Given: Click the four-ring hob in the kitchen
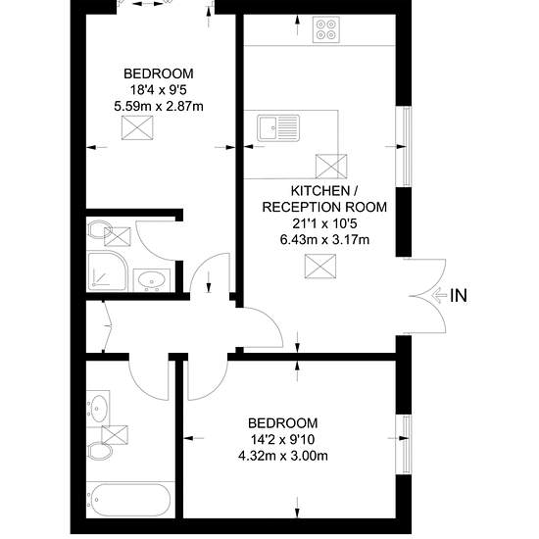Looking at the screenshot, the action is (x=326, y=29).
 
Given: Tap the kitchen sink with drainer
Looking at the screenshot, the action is (x=278, y=128).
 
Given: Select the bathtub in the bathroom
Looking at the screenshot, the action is (x=128, y=501).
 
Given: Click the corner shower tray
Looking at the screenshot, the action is (x=107, y=271).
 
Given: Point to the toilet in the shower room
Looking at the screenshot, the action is (x=100, y=229).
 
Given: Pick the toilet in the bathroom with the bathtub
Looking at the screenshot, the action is (x=100, y=452).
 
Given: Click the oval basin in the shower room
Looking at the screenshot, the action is (x=152, y=279).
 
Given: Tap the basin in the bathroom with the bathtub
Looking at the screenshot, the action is (x=98, y=409).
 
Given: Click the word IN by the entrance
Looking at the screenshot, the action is (x=459, y=296).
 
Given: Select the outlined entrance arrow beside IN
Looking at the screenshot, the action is (x=439, y=296).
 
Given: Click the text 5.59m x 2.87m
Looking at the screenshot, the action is (x=159, y=107).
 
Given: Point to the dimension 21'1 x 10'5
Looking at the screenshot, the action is (x=324, y=223).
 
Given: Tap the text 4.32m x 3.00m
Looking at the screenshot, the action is (x=283, y=456).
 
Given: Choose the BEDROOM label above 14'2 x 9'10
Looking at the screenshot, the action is (x=283, y=423).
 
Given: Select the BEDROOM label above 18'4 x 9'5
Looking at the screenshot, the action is (x=159, y=73).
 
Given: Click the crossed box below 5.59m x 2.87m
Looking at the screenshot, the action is (x=137, y=127).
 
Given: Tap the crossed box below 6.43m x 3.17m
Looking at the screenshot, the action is (x=320, y=266).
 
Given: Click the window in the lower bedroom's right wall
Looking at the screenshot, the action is (x=407, y=445).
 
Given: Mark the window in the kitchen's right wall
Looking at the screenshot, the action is (x=407, y=146).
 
